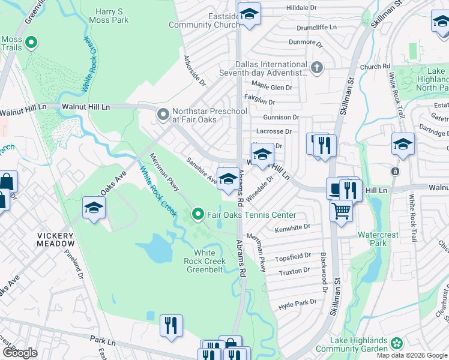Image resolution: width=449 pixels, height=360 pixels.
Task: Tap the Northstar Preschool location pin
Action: pos(163,114)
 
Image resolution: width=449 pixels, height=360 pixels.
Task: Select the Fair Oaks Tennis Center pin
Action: pos(198,214)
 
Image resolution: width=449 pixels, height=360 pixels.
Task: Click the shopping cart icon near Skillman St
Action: pos(342,211)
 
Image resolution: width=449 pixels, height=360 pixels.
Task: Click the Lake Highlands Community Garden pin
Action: pos(396,343)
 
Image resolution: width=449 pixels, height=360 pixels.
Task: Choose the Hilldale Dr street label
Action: pos(301,8)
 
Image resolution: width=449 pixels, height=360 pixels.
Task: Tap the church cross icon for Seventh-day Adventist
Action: pos(318,68)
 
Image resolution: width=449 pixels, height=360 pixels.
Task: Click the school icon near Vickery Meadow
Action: pos(94,208)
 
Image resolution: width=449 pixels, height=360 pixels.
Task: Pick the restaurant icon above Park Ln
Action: pos(171,325)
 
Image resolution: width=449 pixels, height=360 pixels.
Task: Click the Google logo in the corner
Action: pos(20,353)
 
